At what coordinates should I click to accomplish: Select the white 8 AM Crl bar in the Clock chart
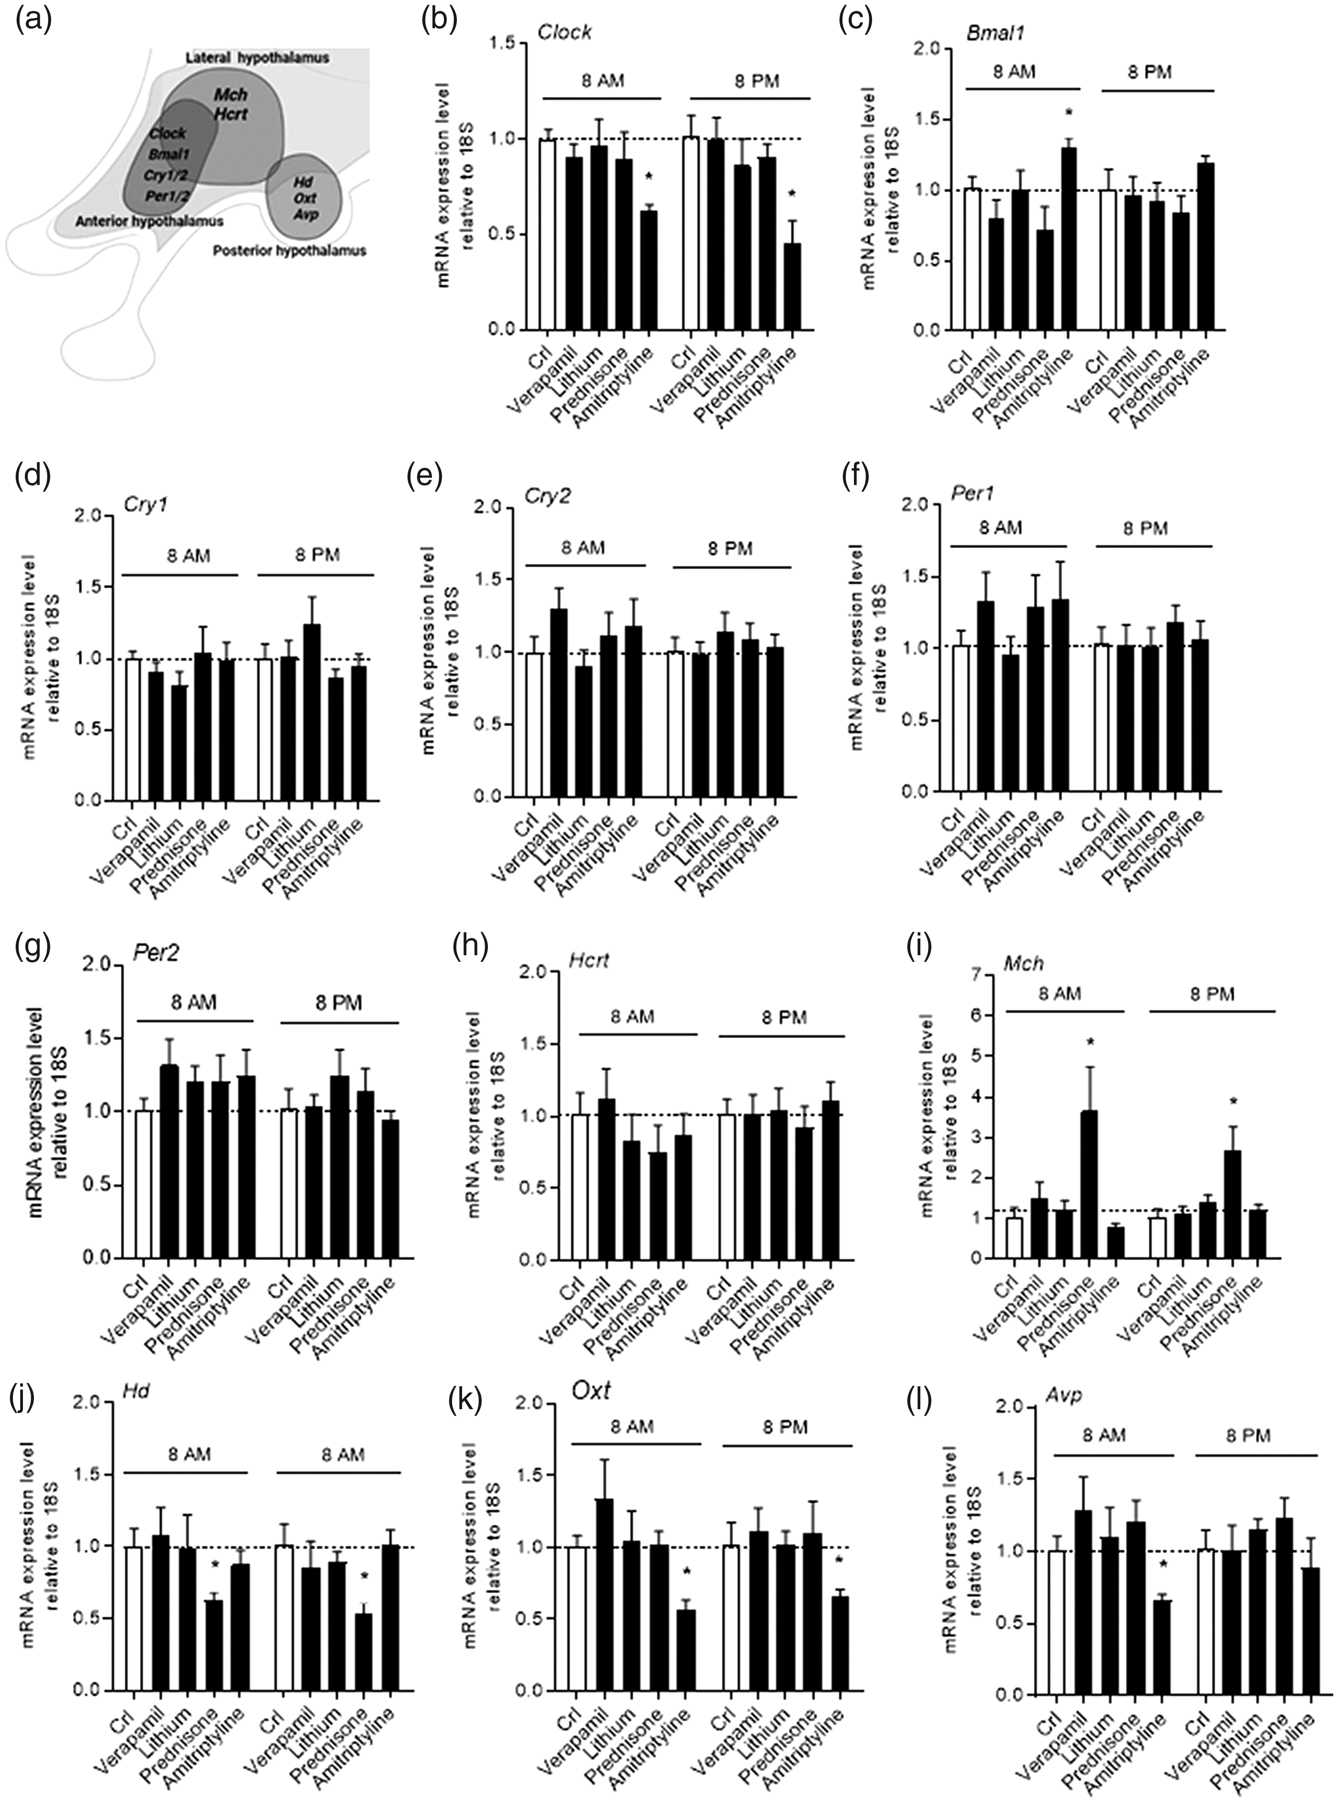click(548, 235)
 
